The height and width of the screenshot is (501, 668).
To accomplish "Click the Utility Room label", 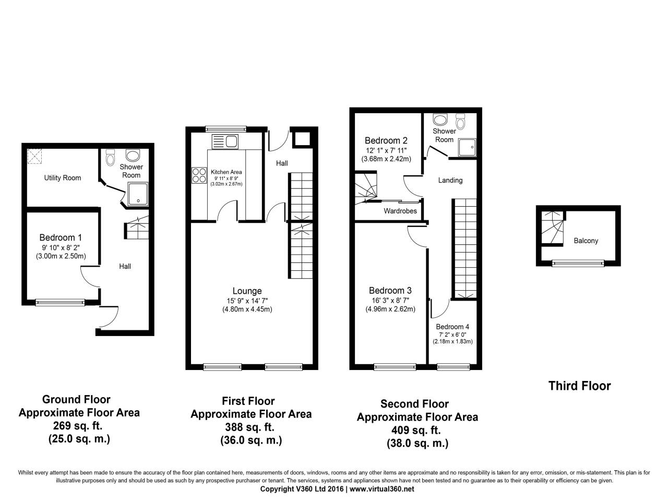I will pos(62,178).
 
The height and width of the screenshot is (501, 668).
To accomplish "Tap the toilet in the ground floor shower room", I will pos(110,157).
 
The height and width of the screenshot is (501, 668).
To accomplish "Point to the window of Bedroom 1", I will pos(60,302).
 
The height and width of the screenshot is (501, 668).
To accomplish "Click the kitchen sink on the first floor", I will pos(225,141).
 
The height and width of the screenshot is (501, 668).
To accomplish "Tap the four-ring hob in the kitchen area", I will pos(199,174).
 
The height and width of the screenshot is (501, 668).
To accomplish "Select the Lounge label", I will pos(247,291).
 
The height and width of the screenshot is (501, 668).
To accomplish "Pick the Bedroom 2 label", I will pos(386,140).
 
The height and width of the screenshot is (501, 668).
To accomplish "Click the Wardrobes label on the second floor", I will pos(400,211).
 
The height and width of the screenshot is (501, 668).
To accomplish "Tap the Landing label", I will pos(450,180).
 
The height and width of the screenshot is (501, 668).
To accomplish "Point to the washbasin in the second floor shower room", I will pos(440,120).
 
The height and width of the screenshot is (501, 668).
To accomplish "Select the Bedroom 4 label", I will pos(452,327).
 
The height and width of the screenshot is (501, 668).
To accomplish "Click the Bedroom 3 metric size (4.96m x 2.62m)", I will pos(390,309).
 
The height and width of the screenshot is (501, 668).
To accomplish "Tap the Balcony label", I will pos(586,241).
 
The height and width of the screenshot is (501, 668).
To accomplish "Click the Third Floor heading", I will pos(579,386).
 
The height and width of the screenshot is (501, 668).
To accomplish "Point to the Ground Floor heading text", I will pos(76,400).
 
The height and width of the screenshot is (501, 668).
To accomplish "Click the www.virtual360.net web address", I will pos(381,489).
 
